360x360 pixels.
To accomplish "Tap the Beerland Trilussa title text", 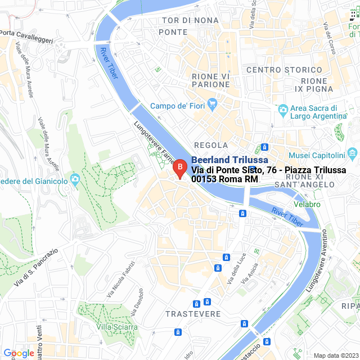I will pyautogui.click(x=229, y=160).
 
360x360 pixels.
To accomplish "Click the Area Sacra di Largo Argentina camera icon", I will pyautogui.click(x=283, y=109).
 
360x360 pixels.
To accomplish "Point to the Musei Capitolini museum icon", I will pyautogui.click(x=353, y=152).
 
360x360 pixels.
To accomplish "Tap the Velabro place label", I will pyautogui.click(x=307, y=204).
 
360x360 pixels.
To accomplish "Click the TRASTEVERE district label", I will pyautogui.click(x=193, y=313).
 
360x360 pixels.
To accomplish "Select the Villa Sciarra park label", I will pyautogui.click(x=116, y=327).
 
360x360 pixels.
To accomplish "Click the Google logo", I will pyautogui.click(x=18, y=353).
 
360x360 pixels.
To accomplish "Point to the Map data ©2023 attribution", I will pyautogui.click(x=336, y=355).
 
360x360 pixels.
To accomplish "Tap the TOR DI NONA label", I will pyautogui.click(x=190, y=20).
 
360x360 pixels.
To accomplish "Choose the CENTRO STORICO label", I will pyautogui.click(x=284, y=70).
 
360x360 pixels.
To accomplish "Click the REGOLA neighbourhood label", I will pyautogui.click(x=211, y=145).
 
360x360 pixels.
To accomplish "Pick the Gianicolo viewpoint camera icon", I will pyautogui.click(x=74, y=179).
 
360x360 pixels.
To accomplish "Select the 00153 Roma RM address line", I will pyautogui.click(x=224, y=179).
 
